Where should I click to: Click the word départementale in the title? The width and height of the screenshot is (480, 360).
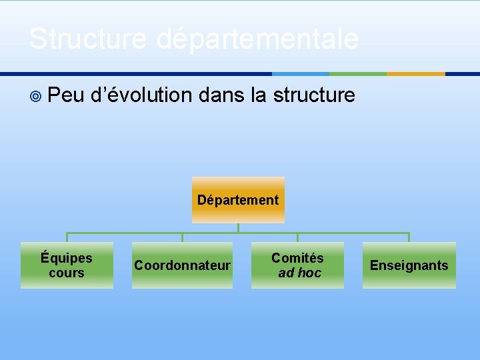257,40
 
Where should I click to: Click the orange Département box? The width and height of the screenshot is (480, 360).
238,199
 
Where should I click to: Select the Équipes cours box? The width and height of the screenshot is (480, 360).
67,265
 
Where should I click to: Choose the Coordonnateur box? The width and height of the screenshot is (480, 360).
182,265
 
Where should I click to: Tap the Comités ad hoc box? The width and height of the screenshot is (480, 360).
297,265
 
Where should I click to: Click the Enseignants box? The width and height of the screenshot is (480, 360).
409,265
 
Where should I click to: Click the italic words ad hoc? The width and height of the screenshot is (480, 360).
299,273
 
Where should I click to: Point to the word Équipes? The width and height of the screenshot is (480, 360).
67,258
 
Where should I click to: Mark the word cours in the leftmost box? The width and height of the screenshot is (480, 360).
67,273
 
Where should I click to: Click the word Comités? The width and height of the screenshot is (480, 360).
297,258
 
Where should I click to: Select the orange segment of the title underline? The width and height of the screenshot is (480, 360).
416,74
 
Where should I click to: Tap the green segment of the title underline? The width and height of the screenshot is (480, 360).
358,74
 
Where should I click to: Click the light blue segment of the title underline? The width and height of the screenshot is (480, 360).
301,74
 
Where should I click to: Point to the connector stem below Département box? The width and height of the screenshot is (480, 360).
238,227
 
